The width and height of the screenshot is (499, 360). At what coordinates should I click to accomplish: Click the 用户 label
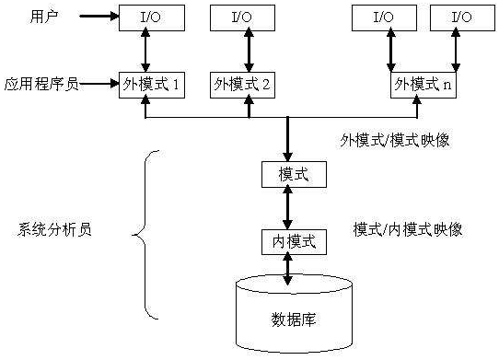[44, 16]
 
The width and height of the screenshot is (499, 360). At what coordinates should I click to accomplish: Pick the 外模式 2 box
[241, 84]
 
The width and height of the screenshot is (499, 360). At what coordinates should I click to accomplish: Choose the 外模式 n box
[423, 84]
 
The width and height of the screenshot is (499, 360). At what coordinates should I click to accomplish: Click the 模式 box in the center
[289, 172]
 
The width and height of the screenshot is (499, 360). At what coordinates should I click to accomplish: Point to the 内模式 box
[289, 242]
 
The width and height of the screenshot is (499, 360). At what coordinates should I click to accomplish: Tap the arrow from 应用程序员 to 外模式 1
[100, 84]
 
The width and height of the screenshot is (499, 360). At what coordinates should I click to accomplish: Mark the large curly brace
[147, 232]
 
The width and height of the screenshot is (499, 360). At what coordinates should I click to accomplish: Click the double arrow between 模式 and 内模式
[289, 207]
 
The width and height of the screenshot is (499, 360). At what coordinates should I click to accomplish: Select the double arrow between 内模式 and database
[289, 268]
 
